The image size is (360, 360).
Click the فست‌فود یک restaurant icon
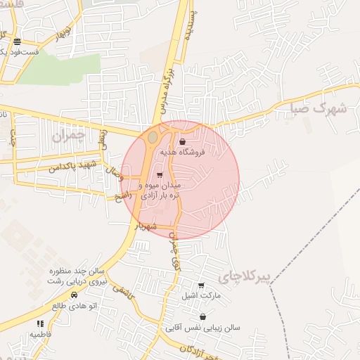(x=16, y=42)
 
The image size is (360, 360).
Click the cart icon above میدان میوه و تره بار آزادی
(x=160, y=175)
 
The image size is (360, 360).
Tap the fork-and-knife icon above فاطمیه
(x=40, y=323)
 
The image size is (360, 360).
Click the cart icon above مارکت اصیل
(x=202, y=285)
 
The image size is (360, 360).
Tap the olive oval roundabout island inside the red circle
(x=152, y=141)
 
